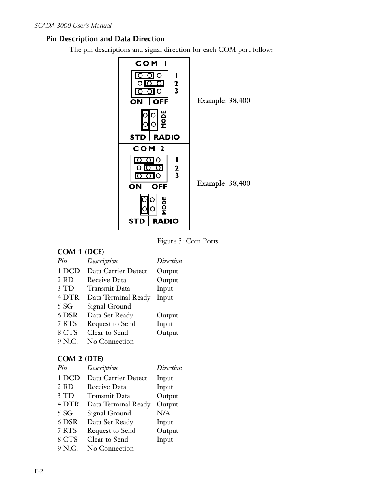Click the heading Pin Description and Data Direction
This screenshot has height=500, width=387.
point(105,39)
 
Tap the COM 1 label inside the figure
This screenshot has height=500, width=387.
point(151,63)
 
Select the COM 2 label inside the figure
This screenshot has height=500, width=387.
point(148,149)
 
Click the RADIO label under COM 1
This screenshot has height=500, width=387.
point(167,137)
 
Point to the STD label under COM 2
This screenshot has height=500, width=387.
point(137,221)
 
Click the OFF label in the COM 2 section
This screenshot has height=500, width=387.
point(159,187)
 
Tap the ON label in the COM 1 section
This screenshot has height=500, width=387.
point(136,102)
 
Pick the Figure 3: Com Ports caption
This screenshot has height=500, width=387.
point(188,241)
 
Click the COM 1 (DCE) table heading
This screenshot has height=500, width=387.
point(81,252)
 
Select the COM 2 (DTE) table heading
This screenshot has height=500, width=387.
point(80,359)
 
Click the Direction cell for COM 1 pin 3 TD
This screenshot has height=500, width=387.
point(165,289)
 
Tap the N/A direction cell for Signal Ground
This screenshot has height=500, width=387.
point(163,413)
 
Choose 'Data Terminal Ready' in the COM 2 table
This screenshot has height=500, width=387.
point(119,404)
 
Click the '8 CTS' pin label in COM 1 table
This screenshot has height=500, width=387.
point(67,333)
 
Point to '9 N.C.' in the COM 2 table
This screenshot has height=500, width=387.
point(68,449)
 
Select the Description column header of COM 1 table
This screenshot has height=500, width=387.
point(102,261)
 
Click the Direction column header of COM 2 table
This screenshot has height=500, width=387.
point(170,368)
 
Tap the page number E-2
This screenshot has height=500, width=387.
point(39,472)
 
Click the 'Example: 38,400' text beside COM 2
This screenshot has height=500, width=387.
point(224,183)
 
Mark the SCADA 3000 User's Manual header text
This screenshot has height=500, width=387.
point(73,26)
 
